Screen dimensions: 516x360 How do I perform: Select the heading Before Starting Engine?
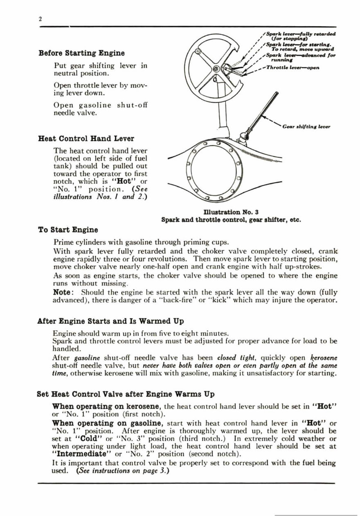click(x=81, y=53)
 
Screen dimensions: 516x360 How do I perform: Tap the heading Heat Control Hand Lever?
click(x=86, y=138)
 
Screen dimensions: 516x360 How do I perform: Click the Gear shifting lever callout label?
click(x=306, y=127)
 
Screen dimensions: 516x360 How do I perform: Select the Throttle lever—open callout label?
click(x=292, y=68)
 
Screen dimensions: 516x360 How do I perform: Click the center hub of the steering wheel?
click(x=215, y=69)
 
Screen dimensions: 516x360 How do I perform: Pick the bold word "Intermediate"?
click(x=82, y=454)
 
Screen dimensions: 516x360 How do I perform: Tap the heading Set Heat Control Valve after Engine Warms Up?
click(x=126, y=395)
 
